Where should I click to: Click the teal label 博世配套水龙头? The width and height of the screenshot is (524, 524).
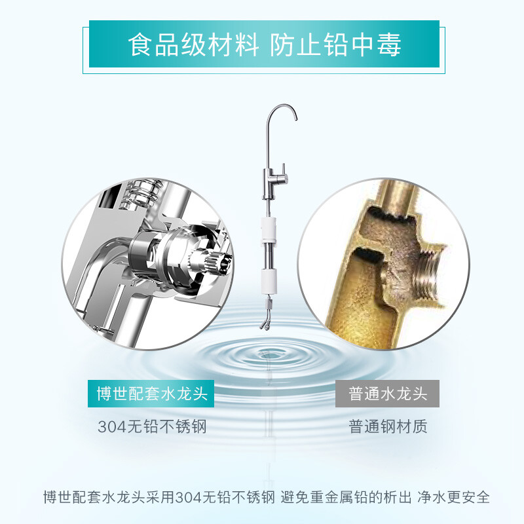tap(151, 394)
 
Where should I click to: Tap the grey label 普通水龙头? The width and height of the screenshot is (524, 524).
tap(387, 394)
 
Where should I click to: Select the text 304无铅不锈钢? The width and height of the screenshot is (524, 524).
tap(152, 427)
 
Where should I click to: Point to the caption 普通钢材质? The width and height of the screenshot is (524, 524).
tap(388, 426)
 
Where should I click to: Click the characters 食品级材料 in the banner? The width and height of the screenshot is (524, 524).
tap(193, 45)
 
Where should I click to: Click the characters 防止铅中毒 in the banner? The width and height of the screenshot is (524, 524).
tap(335, 45)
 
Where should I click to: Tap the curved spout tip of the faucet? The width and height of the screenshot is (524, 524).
tap(295, 117)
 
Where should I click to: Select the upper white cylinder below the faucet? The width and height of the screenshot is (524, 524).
tap(269, 229)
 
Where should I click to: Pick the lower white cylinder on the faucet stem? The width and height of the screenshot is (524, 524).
tap(269, 282)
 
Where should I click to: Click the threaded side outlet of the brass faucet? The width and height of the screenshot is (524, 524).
tap(430, 274)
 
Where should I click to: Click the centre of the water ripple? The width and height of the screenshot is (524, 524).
tap(267, 355)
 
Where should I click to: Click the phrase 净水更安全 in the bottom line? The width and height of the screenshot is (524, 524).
tap(453, 497)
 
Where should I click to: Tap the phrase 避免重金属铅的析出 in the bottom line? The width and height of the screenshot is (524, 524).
tap(346, 497)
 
